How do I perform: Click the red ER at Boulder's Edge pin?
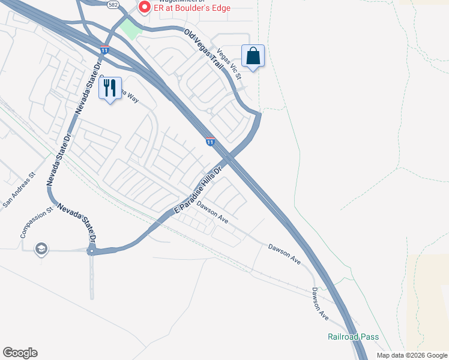[x=144, y=8]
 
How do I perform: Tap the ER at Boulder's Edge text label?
[x=192, y=8]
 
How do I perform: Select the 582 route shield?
[x=113, y=4]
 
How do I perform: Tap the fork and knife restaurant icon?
[x=110, y=88]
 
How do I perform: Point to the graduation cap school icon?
[x=41, y=248]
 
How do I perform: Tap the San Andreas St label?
[x=20, y=191]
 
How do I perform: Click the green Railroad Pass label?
[x=353, y=337]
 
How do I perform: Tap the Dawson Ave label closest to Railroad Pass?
[x=320, y=303]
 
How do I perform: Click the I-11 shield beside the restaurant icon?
[x=104, y=50]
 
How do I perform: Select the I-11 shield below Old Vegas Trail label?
[x=209, y=141]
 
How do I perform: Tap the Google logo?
[x=20, y=353]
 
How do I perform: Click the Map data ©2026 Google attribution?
[x=411, y=355]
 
